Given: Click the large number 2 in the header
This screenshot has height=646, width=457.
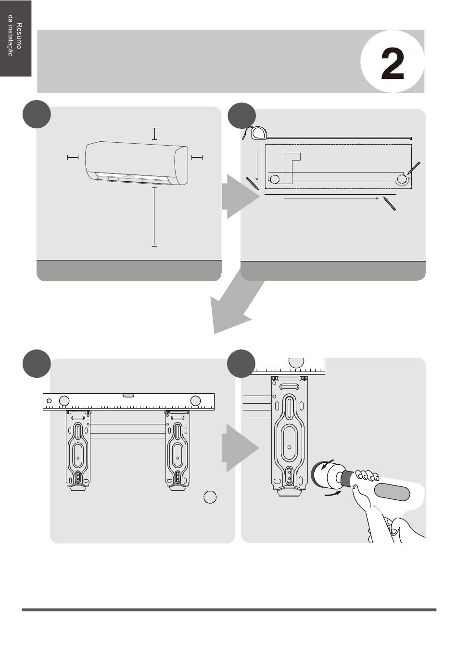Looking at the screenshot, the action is click(393, 64).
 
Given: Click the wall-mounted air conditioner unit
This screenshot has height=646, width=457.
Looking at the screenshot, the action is click(137, 163).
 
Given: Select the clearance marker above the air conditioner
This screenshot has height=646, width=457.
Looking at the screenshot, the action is click(154, 134).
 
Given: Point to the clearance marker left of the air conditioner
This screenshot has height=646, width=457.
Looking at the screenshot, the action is click(73, 157).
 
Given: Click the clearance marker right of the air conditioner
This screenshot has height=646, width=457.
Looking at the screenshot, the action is click(197, 157).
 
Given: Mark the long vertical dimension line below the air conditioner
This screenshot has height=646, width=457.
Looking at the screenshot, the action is click(154, 217).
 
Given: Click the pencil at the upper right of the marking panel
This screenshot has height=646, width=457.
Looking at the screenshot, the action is click(414, 168).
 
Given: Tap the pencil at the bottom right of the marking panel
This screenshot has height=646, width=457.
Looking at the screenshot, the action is click(390, 204).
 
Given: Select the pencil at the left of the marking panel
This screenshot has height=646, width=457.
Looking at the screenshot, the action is click(252, 183).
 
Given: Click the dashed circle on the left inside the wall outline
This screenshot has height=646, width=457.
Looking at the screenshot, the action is click(274, 179).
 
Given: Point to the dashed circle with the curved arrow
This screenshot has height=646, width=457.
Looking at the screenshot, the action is click(402, 179).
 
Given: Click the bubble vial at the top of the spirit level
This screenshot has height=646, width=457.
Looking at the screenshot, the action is click(128, 395).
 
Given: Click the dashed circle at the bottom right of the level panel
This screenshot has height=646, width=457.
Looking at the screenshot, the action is click(210, 497).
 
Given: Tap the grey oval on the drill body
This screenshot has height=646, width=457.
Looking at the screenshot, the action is click(392, 492).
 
